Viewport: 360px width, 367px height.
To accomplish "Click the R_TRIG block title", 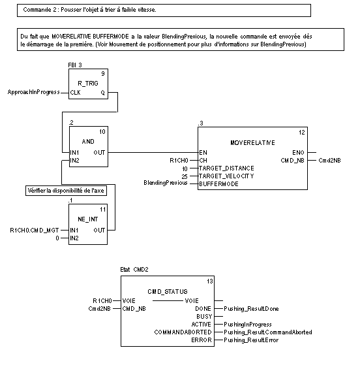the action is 88,84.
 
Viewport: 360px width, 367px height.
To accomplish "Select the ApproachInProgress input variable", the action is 34,92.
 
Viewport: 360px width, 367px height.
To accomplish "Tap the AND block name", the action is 88,141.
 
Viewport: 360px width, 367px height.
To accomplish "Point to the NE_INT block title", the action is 88,219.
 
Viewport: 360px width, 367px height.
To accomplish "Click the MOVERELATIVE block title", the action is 252,143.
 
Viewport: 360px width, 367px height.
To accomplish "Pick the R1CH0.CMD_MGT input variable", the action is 35,231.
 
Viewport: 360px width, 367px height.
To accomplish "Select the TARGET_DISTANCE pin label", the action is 226,168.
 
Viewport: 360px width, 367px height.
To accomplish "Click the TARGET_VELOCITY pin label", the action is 226,176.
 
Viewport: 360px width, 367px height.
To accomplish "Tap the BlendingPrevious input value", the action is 166,183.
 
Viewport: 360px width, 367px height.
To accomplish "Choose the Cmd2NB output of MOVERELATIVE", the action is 329,161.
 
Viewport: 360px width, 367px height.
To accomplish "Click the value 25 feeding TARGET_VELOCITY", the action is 185,176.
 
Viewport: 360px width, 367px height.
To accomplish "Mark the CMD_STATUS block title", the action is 168,292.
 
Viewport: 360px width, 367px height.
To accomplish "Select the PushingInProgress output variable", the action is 248,325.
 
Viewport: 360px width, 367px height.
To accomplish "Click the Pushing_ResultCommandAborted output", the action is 268,332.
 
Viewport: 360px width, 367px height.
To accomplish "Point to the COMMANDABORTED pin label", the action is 183,332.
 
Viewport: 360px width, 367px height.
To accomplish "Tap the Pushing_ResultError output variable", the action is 251,340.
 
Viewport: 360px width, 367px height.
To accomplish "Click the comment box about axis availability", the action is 66,191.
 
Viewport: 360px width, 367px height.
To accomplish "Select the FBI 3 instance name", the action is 75,65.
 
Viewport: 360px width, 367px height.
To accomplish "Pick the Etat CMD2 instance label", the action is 134,270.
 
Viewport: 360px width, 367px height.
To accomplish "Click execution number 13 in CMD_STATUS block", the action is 210,281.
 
